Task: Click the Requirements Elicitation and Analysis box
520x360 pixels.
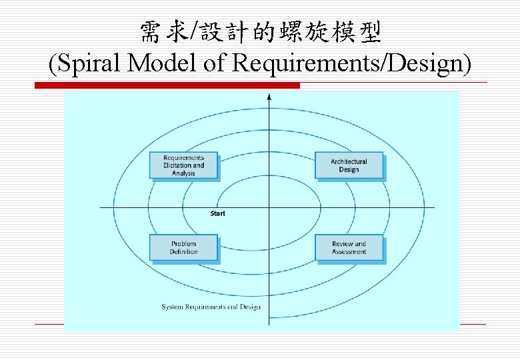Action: (x=183, y=165)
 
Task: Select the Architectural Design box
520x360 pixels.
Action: (x=349, y=165)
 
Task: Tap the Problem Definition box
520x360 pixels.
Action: (x=183, y=247)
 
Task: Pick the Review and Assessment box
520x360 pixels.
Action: (x=349, y=247)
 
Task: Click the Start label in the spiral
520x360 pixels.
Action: (x=218, y=213)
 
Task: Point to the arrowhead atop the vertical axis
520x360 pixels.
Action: (x=269, y=97)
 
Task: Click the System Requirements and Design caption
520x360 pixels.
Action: (x=211, y=307)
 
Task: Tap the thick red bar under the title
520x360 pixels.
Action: (x=167, y=85)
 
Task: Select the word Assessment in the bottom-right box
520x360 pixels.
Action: (x=349, y=252)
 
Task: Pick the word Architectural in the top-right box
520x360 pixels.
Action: (x=349, y=161)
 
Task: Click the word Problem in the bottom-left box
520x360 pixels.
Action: (x=183, y=243)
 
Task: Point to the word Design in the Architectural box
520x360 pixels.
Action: (x=349, y=169)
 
